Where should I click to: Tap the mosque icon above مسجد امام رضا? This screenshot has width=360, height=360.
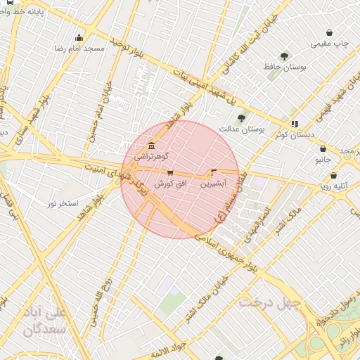(x=79, y=38)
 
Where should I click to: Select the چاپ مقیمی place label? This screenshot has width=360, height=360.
(x=330, y=44)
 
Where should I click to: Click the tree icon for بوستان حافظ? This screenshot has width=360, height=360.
(x=284, y=56)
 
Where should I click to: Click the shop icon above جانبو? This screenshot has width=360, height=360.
(x=323, y=149)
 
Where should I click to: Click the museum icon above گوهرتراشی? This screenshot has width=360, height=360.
(x=151, y=146)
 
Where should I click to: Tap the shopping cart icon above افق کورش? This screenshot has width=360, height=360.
(x=169, y=172)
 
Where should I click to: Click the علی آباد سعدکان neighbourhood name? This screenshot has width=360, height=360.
(x=44, y=320)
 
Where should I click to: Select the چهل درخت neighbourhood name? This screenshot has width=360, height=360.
(x=269, y=302)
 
